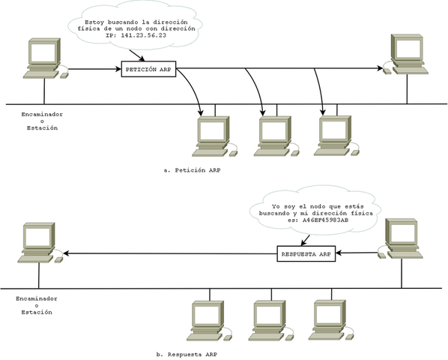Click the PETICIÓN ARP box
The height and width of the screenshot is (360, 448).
148,70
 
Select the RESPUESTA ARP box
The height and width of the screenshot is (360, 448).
305,254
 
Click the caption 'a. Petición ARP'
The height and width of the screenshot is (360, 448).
191,170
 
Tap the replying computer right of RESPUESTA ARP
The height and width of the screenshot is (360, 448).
402,238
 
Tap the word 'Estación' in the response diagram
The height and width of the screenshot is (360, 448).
37,312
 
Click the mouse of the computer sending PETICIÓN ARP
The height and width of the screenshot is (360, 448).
66,74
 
